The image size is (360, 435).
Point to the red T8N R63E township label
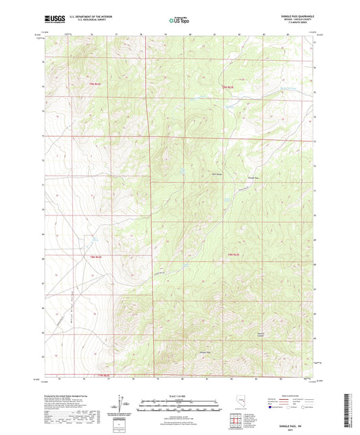tap(234, 253)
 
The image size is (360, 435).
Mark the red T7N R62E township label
tap(100, 375)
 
